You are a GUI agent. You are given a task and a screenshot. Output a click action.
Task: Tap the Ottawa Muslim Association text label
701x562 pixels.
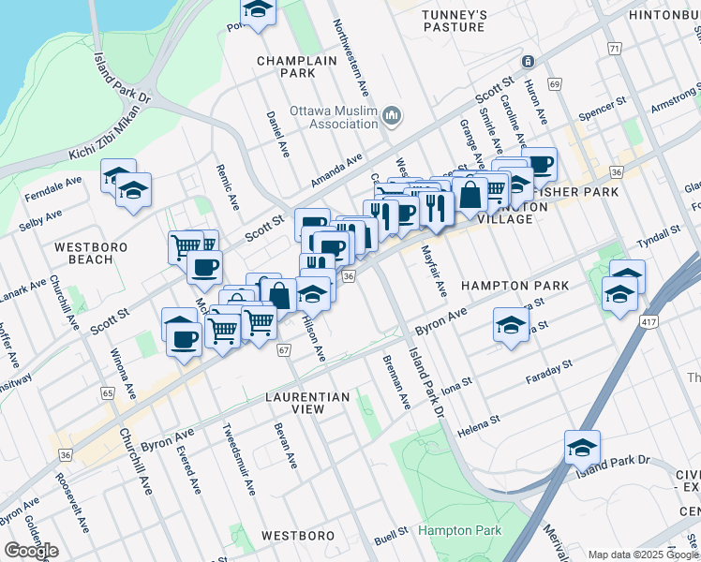click(x=333, y=116)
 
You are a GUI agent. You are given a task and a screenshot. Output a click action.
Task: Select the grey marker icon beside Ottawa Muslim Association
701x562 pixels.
click(x=392, y=116)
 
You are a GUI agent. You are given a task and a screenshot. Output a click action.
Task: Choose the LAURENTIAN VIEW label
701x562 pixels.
click(x=306, y=404)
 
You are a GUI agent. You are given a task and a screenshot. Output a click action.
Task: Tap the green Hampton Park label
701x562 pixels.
click(x=459, y=530)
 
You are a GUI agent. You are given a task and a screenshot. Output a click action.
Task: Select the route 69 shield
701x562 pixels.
click(x=555, y=84)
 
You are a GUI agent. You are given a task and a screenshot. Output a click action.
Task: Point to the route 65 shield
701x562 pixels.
click(x=109, y=394)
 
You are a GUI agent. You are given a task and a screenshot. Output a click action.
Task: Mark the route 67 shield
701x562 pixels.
click(x=284, y=349)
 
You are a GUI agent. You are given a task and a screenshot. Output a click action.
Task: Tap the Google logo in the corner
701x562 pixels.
click(x=32, y=551)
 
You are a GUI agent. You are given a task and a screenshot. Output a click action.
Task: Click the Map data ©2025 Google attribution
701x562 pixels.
click(x=643, y=555)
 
